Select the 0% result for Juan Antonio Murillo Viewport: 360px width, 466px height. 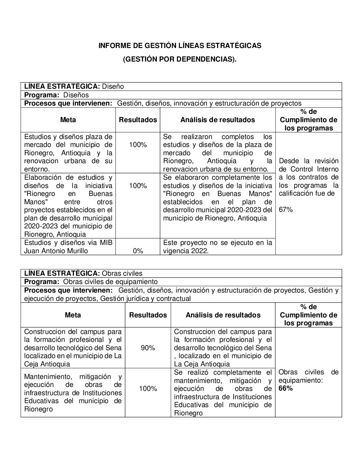pyautogui.click(x=138, y=251)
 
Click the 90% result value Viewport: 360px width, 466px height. pyautogui.click(x=148, y=348)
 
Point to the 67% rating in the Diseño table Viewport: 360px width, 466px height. pyautogui.click(x=286, y=210)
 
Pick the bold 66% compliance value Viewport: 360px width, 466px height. pyautogui.click(x=286, y=388)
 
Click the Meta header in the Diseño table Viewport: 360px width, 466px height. pyautogui.click(x=68, y=120)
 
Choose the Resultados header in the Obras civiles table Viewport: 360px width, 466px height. pyautogui.click(x=148, y=315)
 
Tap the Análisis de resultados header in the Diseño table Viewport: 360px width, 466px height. pyautogui.click(x=218, y=120)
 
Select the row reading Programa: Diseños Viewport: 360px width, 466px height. pyautogui.click(x=57, y=95)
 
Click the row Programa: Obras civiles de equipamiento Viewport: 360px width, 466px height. pyautogui.click(x=91, y=282)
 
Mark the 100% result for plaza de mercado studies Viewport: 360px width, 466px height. pyautogui.click(x=138, y=145)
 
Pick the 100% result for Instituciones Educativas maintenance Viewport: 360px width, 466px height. pyautogui.click(x=148, y=389)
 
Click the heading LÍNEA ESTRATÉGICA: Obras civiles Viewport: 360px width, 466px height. pyautogui.click(x=83, y=273)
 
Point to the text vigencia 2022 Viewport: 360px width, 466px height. pyautogui.click(x=186, y=251)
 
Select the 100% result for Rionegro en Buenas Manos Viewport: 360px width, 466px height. pyautogui.click(x=138, y=186)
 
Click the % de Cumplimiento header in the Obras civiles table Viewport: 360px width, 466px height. pyautogui.click(x=308, y=315)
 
